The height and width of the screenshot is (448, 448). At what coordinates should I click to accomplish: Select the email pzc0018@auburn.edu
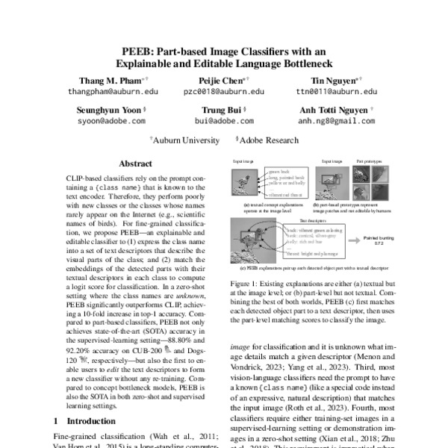click(224, 91)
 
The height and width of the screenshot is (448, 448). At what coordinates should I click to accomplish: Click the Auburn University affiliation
click(182, 139)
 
